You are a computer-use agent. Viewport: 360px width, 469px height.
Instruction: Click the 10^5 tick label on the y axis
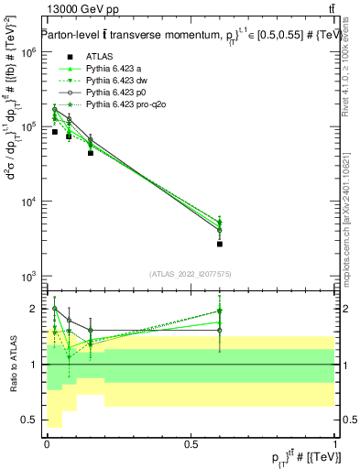pyautogui.click(x=28, y=127)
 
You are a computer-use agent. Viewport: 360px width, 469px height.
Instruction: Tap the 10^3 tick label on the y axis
pyautogui.click(x=28, y=276)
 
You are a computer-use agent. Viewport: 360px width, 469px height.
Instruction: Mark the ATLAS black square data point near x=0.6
pyautogui.click(x=220, y=244)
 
